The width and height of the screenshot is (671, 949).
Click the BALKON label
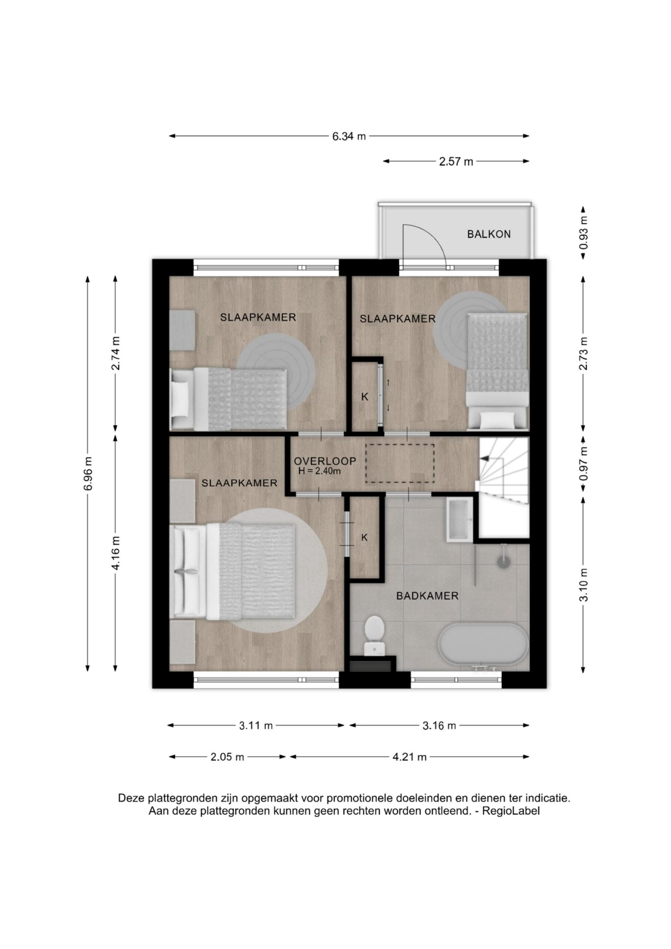tap(489, 234)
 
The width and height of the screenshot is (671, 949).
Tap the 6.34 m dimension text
tap(349, 136)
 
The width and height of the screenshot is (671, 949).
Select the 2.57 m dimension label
tap(456, 162)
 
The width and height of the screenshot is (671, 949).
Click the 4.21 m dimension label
tap(409, 757)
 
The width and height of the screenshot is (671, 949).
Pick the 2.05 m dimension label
tap(227, 757)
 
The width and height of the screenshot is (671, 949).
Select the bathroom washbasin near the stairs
tap(460, 519)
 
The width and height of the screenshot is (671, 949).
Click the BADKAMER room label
tap(427, 596)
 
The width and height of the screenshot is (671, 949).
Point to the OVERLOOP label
tap(325, 461)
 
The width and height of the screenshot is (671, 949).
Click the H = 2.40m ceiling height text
tap(320, 471)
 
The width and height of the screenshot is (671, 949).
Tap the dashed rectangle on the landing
tap(399, 463)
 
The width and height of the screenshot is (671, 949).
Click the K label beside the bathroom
tap(364, 537)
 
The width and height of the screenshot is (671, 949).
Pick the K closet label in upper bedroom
tap(364, 397)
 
